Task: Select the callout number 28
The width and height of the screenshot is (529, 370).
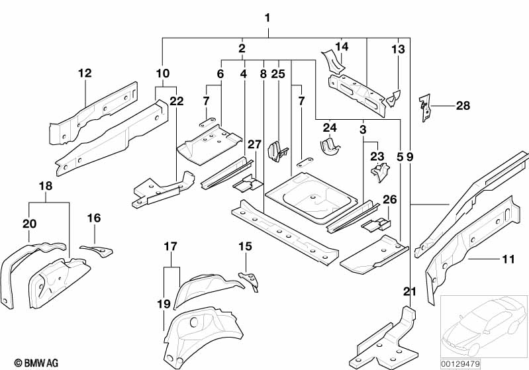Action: (463, 105)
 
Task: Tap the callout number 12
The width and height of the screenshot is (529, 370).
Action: (85, 73)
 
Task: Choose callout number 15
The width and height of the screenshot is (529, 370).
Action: (245, 247)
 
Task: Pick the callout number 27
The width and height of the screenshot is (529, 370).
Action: (255, 145)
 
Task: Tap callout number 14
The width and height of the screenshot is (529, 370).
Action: (341, 46)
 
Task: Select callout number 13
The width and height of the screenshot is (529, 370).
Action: (397, 50)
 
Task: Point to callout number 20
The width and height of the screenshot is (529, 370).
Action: (29, 224)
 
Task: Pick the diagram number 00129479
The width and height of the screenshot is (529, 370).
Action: (461, 363)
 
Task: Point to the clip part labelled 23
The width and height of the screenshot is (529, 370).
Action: (379, 173)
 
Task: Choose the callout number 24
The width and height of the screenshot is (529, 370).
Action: (330, 127)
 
